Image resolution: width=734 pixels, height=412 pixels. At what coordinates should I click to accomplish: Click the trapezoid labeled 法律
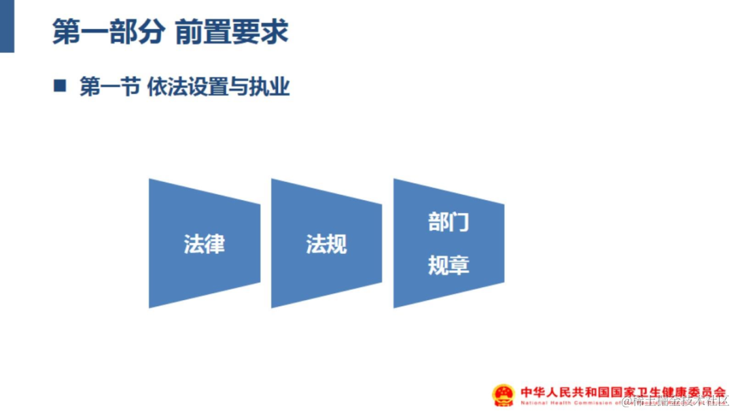pyautogui.click(x=204, y=243)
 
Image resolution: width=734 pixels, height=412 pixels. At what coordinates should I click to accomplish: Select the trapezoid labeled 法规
pyautogui.click(x=326, y=243)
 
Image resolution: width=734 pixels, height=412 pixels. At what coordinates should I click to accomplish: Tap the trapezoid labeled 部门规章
pyautogui.click(x=449, y=243)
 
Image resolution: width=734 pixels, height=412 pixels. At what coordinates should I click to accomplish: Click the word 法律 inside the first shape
pyautogui.click(x=204, y=244)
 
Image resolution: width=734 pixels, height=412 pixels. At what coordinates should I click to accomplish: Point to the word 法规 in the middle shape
pyautogui.click(x=326, y=244)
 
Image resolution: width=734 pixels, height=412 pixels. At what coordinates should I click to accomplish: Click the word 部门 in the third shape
pyautogui.click(x=449, y=222)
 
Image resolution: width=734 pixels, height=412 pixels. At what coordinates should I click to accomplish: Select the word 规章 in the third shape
pyautogui.click(x=449, y=265)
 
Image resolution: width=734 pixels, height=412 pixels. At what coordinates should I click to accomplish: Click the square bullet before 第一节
pyautogui.click(x=60, y=86)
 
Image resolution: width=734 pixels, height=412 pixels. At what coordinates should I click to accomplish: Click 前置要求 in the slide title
pyautogui.click(x=231, y=32)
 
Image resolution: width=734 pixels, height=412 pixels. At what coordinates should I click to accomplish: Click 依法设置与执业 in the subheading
pyautogui.click(x=218, y=87)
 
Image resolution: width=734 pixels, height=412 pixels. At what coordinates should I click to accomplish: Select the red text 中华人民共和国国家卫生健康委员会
pyautogui.click(x=623, y=392)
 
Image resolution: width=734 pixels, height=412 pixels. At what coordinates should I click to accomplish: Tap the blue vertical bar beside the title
pyautogui.click(x=7, y=26)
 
